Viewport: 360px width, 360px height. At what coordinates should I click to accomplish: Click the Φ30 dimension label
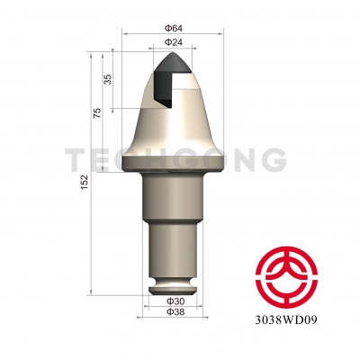pos(175,301)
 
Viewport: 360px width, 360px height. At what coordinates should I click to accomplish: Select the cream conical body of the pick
pos(175,126)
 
